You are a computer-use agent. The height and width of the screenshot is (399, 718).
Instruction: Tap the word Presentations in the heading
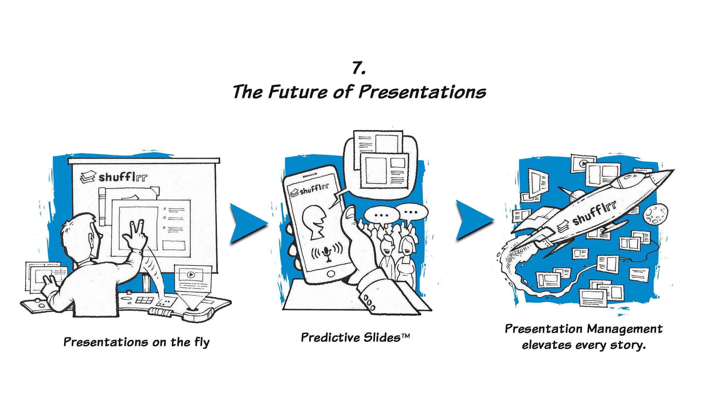[x=422, y=92]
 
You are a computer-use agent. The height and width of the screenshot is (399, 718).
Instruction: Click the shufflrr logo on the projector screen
[x=114, y=177]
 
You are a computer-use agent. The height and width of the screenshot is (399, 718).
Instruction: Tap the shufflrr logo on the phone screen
[x=309, y=190]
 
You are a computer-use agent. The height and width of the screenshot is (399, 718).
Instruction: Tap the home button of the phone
[x=331, y=273]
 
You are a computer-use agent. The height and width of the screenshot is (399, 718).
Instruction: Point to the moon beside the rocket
[x=655, y=214]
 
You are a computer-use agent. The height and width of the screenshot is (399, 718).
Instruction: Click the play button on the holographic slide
[x=191, y=275]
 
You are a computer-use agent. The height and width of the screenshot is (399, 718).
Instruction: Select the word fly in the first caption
[x=202, y=342]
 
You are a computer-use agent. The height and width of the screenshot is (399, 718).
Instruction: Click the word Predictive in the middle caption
[x=330, y=337]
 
